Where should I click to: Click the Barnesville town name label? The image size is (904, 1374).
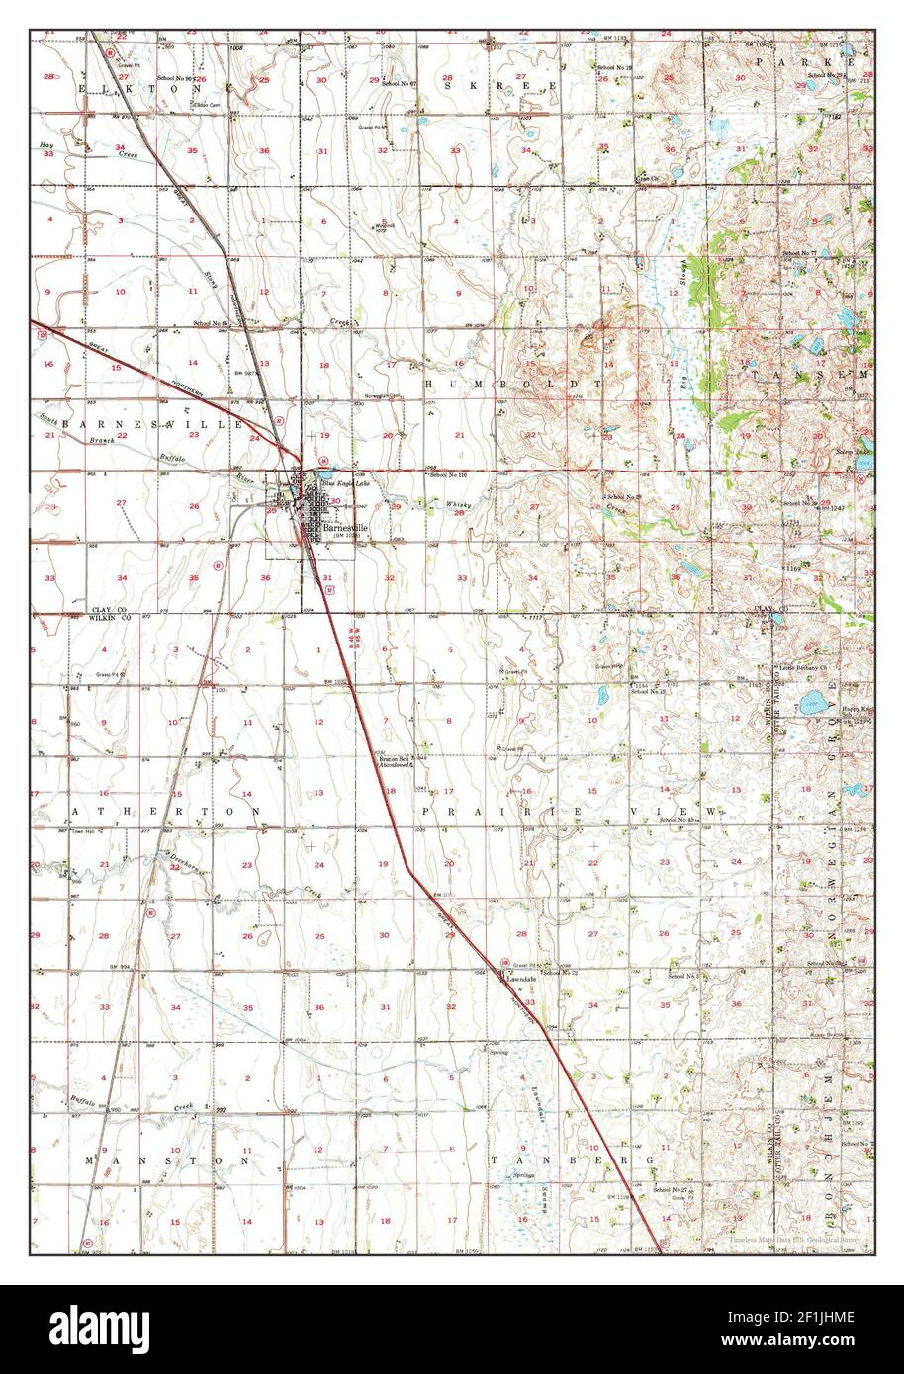343,527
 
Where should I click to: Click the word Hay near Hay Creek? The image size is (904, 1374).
45,145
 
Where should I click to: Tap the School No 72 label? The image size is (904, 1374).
560,973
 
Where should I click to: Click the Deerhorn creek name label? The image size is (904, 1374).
187,862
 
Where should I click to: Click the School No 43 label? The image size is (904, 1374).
678,820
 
